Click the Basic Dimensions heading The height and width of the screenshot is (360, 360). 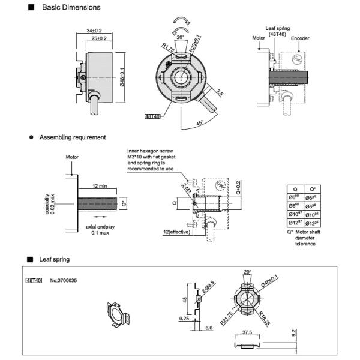(71, 8)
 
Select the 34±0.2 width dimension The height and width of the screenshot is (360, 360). (94, 30)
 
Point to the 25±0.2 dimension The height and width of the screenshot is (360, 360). (98, 38)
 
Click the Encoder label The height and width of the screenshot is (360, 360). (300, 38)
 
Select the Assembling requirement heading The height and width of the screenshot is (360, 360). (72, 137)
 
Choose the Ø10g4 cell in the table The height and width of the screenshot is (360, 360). (313, 213)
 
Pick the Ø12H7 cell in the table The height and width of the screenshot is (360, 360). (295, 222)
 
